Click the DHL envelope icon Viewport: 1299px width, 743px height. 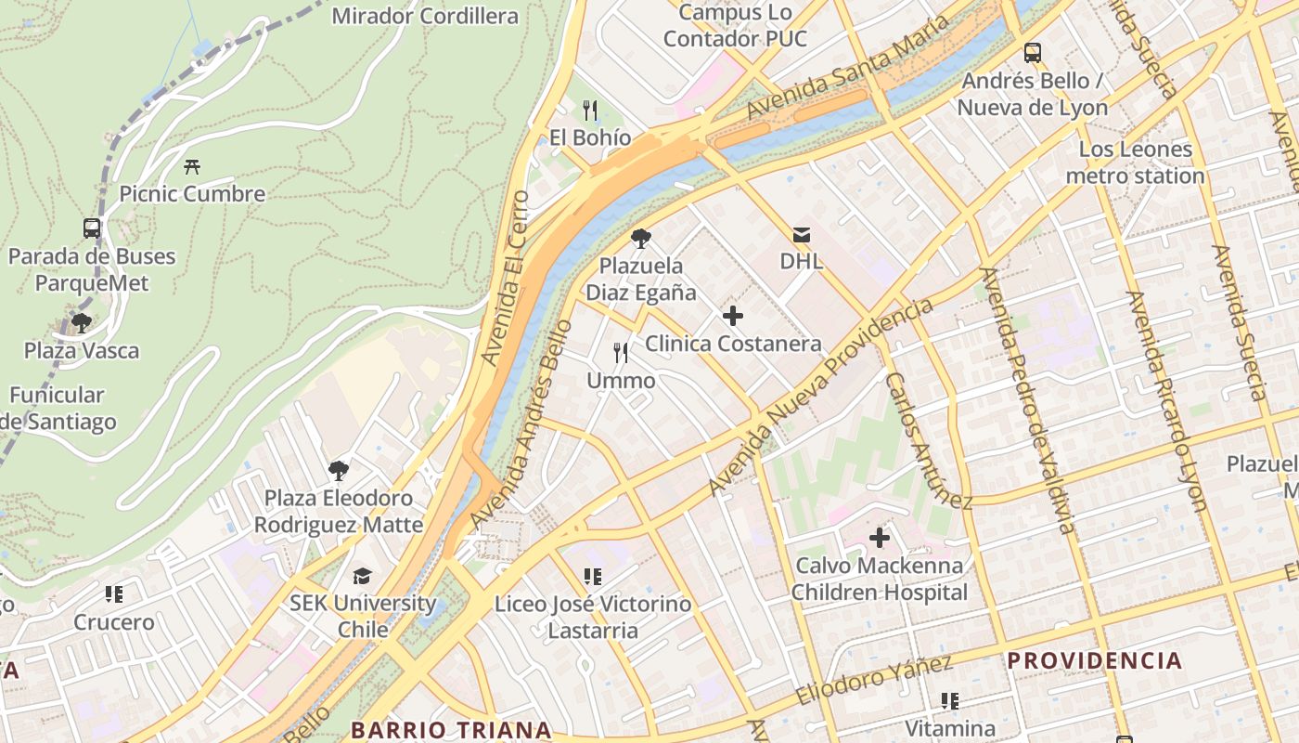[801, 236]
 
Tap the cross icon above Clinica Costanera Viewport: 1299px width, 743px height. [733, 316]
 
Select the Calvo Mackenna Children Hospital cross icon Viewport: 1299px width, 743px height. [879, 537]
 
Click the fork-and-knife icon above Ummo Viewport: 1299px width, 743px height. [621, 353]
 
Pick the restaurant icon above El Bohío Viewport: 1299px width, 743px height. [590, 111]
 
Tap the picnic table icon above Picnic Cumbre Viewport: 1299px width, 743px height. [192, 166]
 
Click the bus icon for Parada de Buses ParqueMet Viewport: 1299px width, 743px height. [92, 228]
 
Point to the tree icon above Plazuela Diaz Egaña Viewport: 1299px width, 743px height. [640, 239]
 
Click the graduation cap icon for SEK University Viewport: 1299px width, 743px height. [362, 576]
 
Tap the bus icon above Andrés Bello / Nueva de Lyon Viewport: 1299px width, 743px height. [1032, 53]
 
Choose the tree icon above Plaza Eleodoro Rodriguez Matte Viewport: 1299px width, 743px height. [339, 470]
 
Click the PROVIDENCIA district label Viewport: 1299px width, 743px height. [1095, 661]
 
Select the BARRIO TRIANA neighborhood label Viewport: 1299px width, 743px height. [452, 730]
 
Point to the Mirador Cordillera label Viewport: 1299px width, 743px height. [425, 16]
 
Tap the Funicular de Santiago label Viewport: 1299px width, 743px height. [60, 409]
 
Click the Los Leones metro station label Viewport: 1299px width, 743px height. [1135, 163]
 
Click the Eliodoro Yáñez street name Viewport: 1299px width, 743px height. [874, 681]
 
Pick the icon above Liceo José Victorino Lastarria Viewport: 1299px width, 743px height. [593, 577]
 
